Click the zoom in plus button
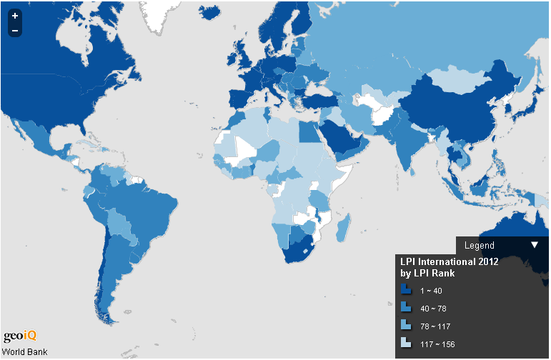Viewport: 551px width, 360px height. point(15,15)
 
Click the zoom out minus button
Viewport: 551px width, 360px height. point(15,30)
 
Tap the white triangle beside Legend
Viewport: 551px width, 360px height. point(535,245)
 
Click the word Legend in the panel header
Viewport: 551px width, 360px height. point(479,246)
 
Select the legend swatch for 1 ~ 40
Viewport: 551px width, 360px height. point(405,290)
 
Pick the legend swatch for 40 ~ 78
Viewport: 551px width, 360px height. point(405,307)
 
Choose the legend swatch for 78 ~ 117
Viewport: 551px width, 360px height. point(405,325)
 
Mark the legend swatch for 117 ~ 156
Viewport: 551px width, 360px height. point(405,342)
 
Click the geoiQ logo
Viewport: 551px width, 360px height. point(19,336)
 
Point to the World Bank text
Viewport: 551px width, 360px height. point(25,351)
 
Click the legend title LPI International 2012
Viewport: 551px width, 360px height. point(448,262)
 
